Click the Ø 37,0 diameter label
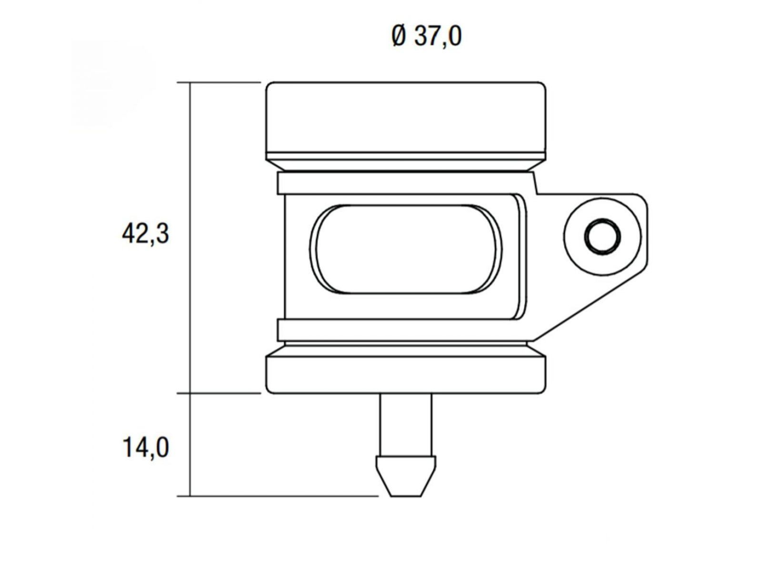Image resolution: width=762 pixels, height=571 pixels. pos(426,37)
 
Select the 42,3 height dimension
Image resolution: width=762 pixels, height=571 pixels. pos(145,234)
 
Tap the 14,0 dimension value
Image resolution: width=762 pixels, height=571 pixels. pos(145,448)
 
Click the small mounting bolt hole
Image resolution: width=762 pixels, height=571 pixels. pos(603,236)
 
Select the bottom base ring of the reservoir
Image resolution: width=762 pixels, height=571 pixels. pos(406,375)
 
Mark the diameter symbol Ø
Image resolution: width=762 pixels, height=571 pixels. pos(399,37)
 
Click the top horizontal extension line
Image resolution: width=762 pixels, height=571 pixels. pos(219,82)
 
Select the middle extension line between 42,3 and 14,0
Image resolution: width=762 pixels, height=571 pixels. pos(219,393)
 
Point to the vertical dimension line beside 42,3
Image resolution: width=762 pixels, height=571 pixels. pos(190,238)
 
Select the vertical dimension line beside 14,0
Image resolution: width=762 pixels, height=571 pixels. pos(190,445)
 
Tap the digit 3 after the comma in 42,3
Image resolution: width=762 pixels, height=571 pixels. pos(162,234)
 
